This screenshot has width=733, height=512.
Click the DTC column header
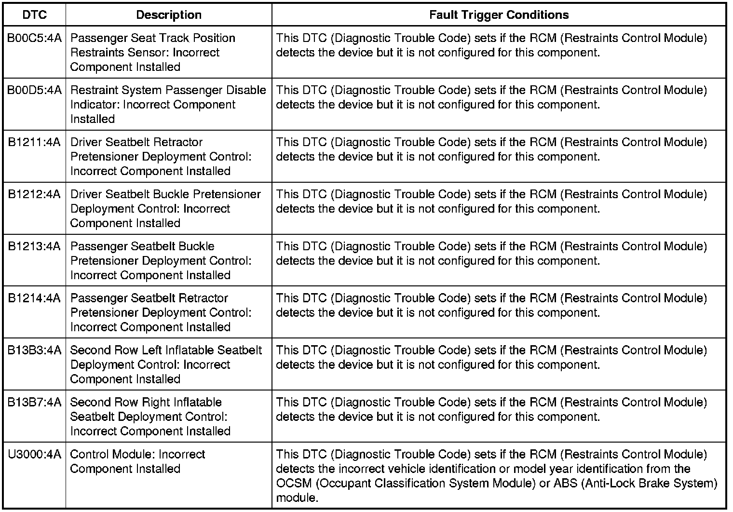(34, 15)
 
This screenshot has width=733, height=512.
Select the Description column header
(169, 15)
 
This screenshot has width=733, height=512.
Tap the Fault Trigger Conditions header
(499, 15)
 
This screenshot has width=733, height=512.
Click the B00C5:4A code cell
(34, 38)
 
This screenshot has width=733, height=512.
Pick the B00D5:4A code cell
(34, 90)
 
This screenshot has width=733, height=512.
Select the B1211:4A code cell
(34, 142)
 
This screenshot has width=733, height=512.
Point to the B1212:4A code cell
(34, 194)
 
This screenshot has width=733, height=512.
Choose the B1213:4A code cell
(34, 246)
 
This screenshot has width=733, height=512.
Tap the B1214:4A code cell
(34, 298)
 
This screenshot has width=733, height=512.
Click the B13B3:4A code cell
(34, 350)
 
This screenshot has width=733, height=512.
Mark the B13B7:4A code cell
(34, 403)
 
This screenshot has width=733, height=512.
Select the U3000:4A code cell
(34, 455)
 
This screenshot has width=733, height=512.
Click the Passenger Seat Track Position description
(152, 52)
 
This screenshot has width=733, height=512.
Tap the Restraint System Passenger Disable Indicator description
(168, 104)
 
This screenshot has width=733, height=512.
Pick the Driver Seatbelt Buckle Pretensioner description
(165, 208)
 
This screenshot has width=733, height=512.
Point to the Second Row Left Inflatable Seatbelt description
(166, 364)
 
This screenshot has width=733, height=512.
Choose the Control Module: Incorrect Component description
(137, 461)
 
